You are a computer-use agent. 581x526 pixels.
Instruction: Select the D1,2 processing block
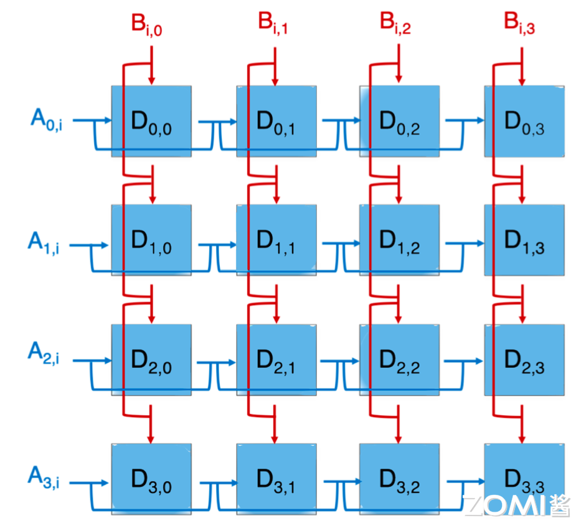point(400,241)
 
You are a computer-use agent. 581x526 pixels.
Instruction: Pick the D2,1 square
point(276,360)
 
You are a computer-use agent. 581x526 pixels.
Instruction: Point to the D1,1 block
point(276,241)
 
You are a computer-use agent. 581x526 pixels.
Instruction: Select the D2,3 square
point(524,360)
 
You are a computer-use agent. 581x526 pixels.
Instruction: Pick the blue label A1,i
point(43,242)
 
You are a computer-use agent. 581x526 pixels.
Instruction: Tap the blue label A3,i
point(43,477)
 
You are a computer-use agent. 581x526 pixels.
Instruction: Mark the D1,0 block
point(151,241)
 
